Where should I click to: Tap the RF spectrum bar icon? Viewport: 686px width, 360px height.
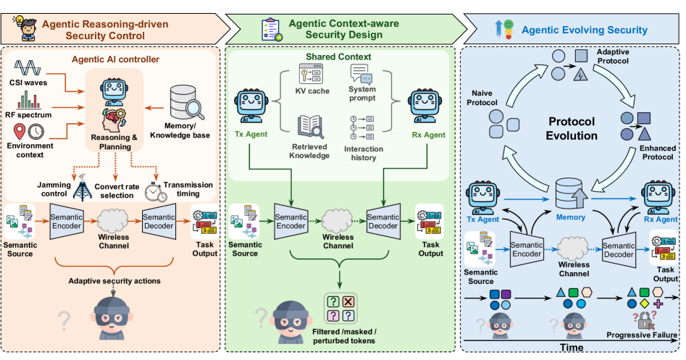pos(29,100)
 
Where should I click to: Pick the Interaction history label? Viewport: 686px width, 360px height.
pos(363,154)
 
